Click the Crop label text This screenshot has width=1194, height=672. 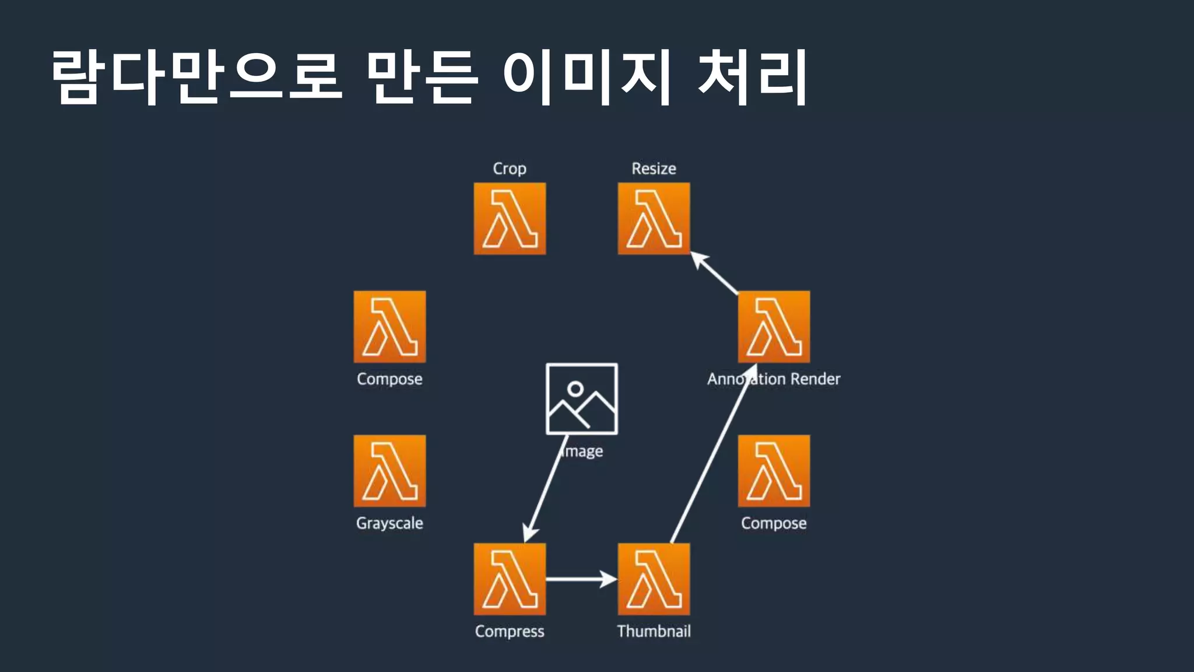point(510,169)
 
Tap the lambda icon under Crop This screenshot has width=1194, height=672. point(510,219)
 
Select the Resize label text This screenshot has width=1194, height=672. point(654,169)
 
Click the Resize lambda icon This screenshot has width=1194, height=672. point(654,219)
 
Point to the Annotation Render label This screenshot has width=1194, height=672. point(774,379)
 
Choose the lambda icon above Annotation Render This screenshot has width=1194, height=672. point(774,327)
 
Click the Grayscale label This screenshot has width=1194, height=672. point(389,523)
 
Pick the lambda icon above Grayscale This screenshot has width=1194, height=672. point(389,471)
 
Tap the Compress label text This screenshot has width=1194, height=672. point(510,631)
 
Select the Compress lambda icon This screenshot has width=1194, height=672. point(510,579)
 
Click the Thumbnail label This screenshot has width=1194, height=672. point(654,631)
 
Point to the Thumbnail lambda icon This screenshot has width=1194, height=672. point(654,579)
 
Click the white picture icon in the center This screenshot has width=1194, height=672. point(581,399)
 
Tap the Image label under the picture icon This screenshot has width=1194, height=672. point(583,452)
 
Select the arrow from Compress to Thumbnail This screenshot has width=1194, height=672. point(581,579)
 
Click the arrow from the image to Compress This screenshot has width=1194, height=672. point(545,490)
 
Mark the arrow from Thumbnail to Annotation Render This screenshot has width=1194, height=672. point(712,455)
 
